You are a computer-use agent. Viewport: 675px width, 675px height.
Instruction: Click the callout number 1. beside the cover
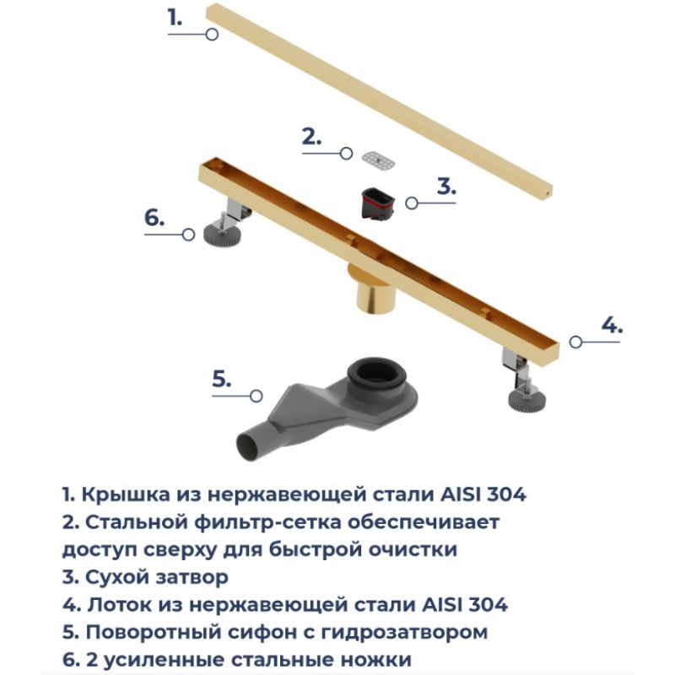click(x=175, y=19)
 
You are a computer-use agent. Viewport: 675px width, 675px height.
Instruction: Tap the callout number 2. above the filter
click(x=311, y=137)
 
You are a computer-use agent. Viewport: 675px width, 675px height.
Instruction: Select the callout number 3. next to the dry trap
click(x=446, y=186)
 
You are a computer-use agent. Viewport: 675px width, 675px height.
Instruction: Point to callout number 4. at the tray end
click(x=612, y=325)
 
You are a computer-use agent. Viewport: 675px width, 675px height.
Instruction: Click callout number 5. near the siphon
click(x=222, y=379)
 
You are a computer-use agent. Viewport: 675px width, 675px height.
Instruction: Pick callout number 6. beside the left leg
click(x=154, y=219)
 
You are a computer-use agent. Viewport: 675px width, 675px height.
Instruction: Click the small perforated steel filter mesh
click(x=378, y=161)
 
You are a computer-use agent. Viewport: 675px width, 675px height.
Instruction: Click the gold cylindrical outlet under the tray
click(x=374, y=289)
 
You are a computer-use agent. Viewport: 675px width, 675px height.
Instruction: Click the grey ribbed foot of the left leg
click(x=222, y=235)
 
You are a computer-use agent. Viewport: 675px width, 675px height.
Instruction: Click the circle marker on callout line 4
click(x=576, y=342)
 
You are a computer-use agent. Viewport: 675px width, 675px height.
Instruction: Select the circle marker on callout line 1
click(x=212, y=34)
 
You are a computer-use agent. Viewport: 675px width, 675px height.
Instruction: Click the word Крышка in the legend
click(x=126, y=494)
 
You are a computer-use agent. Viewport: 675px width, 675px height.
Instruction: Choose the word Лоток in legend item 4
click(x=119, y=605)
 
